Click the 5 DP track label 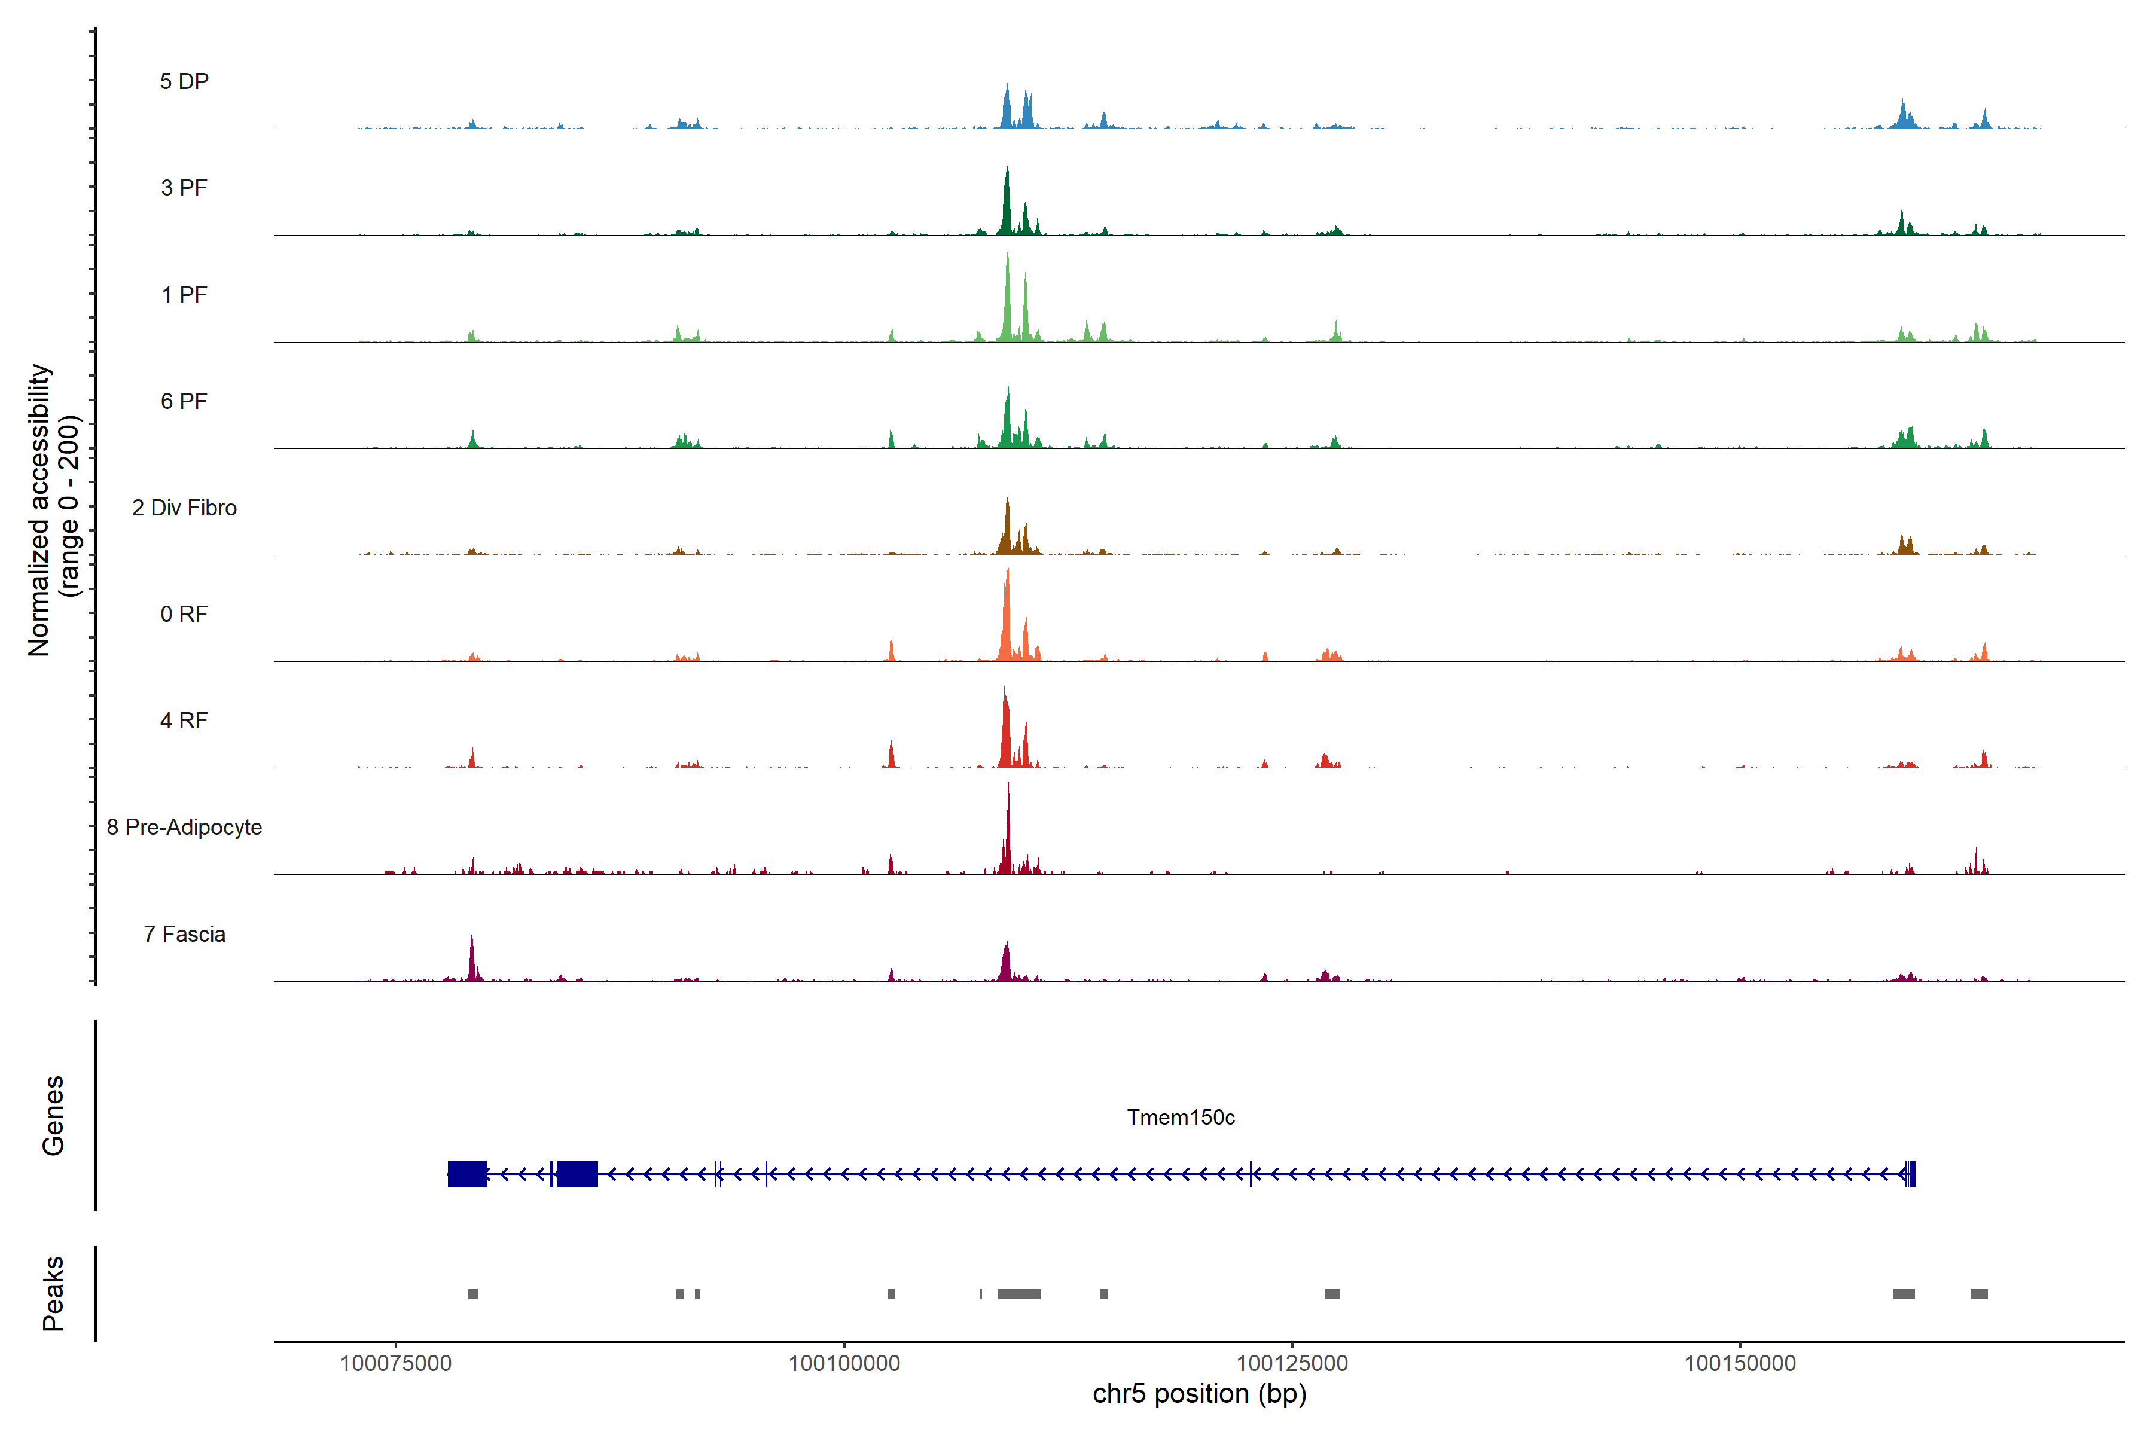184,81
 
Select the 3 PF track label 184,188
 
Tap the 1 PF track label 184,295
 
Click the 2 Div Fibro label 184,508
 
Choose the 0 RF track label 184,614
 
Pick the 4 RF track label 184,720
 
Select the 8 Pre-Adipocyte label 184,828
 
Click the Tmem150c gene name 1180,1118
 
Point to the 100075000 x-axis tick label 395,1364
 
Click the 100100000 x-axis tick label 844,1364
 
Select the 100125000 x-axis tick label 1292,1364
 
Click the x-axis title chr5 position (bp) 1199,1394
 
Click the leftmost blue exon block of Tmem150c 467,1173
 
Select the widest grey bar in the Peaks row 1019,1294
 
